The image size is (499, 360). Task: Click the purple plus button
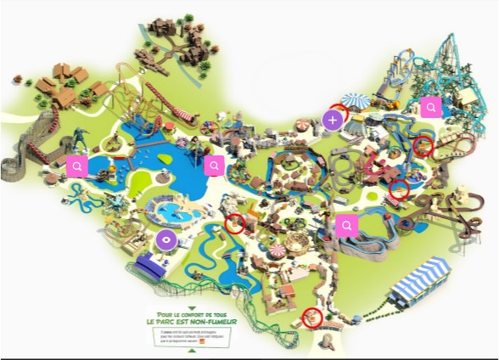(x=333, y=121)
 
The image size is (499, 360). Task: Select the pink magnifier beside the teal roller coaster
(x=431, y=107)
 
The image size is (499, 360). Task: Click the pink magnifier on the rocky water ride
(x=345, y=225)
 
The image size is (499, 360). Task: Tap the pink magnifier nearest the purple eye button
(x=214, y=165)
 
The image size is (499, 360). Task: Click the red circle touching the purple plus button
(x=339, y=112)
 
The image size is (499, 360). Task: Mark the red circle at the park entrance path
(x=312, y=318)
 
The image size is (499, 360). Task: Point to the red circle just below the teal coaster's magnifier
(x=423, y=145)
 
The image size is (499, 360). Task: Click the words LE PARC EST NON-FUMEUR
(x=192, y=323)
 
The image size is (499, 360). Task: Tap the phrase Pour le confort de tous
(x=192, y=315)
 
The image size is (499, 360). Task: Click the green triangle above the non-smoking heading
(x=192, y=308)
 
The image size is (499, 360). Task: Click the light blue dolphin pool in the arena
(x=170, y=209)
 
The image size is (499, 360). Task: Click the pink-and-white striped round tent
(x=279, y=252)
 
